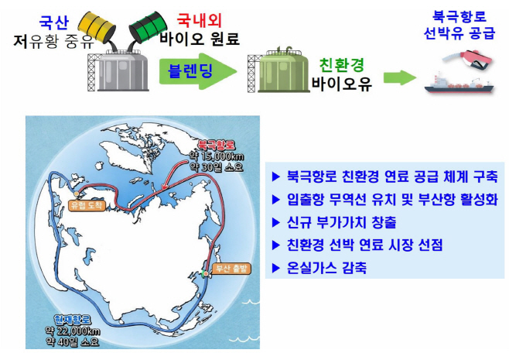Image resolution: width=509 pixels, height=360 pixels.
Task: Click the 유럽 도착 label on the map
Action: coord(85,206)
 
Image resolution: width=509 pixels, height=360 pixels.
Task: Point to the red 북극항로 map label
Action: coord(216,144)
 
